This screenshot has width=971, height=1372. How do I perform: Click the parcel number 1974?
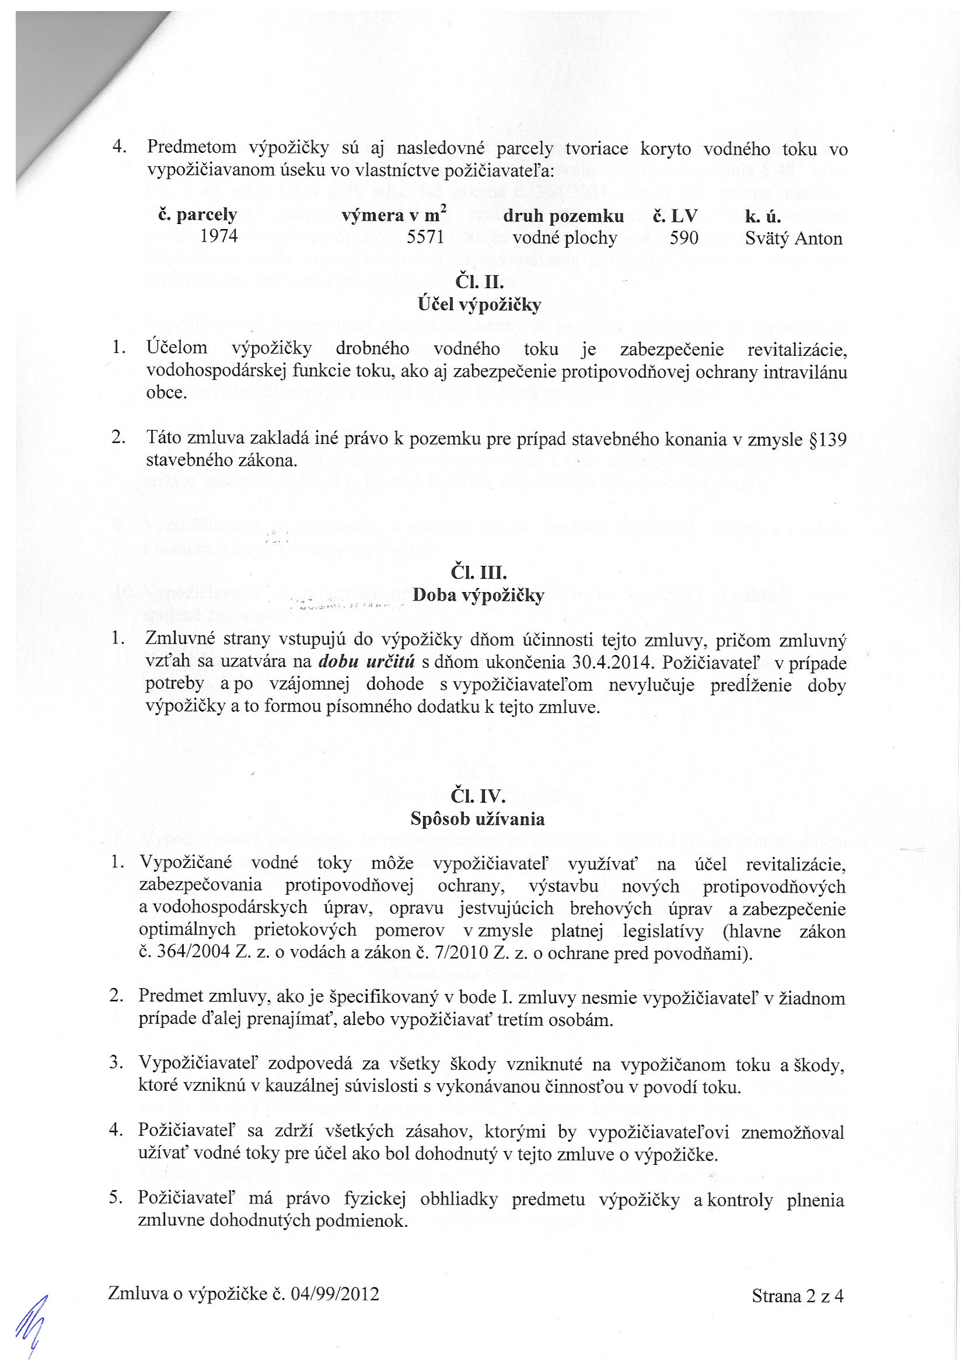click(219, 237)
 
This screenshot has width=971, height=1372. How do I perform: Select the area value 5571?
click(425, 237)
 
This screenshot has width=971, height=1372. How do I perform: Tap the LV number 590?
click(683, 238)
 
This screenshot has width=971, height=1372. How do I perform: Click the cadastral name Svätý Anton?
click(794, 239)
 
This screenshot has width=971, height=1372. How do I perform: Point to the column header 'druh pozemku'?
click(563, 216)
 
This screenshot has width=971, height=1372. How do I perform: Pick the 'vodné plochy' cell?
click(564, 238)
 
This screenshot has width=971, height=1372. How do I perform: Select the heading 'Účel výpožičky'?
click(480, 304)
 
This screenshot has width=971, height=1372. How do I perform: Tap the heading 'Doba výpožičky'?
click(478, 595)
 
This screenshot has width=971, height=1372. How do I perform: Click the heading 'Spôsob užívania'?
click(477, 818)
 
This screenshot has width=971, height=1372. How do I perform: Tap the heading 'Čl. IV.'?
click(478, 796)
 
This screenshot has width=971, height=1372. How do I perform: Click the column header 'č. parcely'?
click(197, 215)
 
